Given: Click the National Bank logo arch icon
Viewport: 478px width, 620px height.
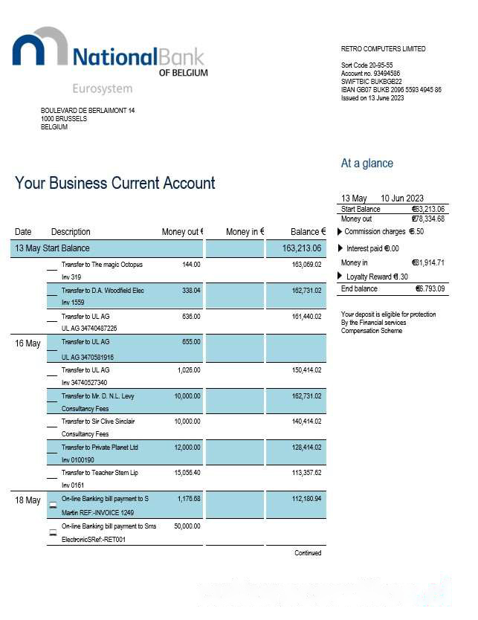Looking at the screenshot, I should pos(39,49).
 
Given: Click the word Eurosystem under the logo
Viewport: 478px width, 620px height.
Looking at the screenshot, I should pos(102,88).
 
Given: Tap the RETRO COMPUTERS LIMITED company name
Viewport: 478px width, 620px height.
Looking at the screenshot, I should pos(383,49).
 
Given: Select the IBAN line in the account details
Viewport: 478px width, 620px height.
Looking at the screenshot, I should pos(391,90).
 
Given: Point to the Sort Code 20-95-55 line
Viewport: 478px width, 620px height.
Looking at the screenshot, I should pos(366,65).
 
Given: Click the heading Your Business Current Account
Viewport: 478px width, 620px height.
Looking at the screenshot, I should pos(115,183).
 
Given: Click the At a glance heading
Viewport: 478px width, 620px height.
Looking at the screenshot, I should pos(366,164).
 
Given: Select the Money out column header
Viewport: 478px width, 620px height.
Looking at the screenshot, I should pos(182,232).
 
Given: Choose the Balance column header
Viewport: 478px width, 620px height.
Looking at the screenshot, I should pos(308,232).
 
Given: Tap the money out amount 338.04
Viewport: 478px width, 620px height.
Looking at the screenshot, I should pos(191,291).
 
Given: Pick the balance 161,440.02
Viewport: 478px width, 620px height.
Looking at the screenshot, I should pos(306,317).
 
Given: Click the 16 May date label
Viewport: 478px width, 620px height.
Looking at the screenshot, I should pos(28,343).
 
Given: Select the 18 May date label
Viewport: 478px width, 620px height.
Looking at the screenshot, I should pos(28,500).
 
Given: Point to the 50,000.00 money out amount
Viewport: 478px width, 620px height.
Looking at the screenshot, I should pos(187,526).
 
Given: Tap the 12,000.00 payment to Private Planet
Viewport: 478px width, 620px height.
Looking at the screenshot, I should pos(187,448).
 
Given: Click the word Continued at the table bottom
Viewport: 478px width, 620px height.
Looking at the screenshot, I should pos(308,553).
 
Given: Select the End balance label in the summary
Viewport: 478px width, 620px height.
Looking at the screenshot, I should pos(359,288).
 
